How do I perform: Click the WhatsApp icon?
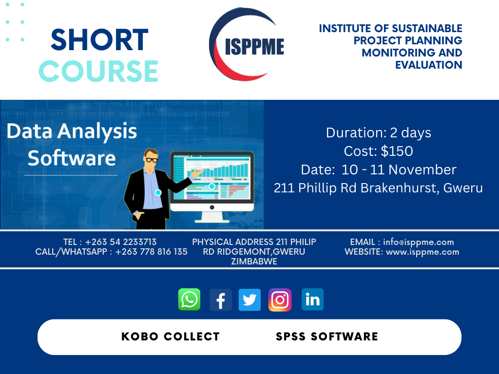(x=190, y=299)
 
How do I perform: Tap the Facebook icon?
(x=221, y=299)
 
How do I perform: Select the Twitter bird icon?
(x=249, y=299)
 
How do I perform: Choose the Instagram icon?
(x=280, y=299)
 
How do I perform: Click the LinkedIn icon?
(x=312, y=299)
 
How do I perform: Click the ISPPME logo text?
(x=254, y=46)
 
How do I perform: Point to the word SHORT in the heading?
(x=99, y=40)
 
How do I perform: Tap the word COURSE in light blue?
(x=98, y=71)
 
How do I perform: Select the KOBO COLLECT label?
(x=171, y=337)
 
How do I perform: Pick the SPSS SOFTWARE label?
(x=327, y=337)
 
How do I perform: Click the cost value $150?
(x=397, y=151)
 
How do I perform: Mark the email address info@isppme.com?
(x=419, y=242)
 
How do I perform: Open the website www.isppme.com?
(x=422, y=252)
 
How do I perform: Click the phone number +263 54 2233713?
(x=121, y=242)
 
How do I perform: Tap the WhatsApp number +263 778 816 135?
(x=151, y=252)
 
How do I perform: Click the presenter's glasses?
(x=151, y=160)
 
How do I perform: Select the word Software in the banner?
(x=72, y=158)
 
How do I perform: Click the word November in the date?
(x=422, y=169)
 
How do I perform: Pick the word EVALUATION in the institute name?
(x=429, y=65)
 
